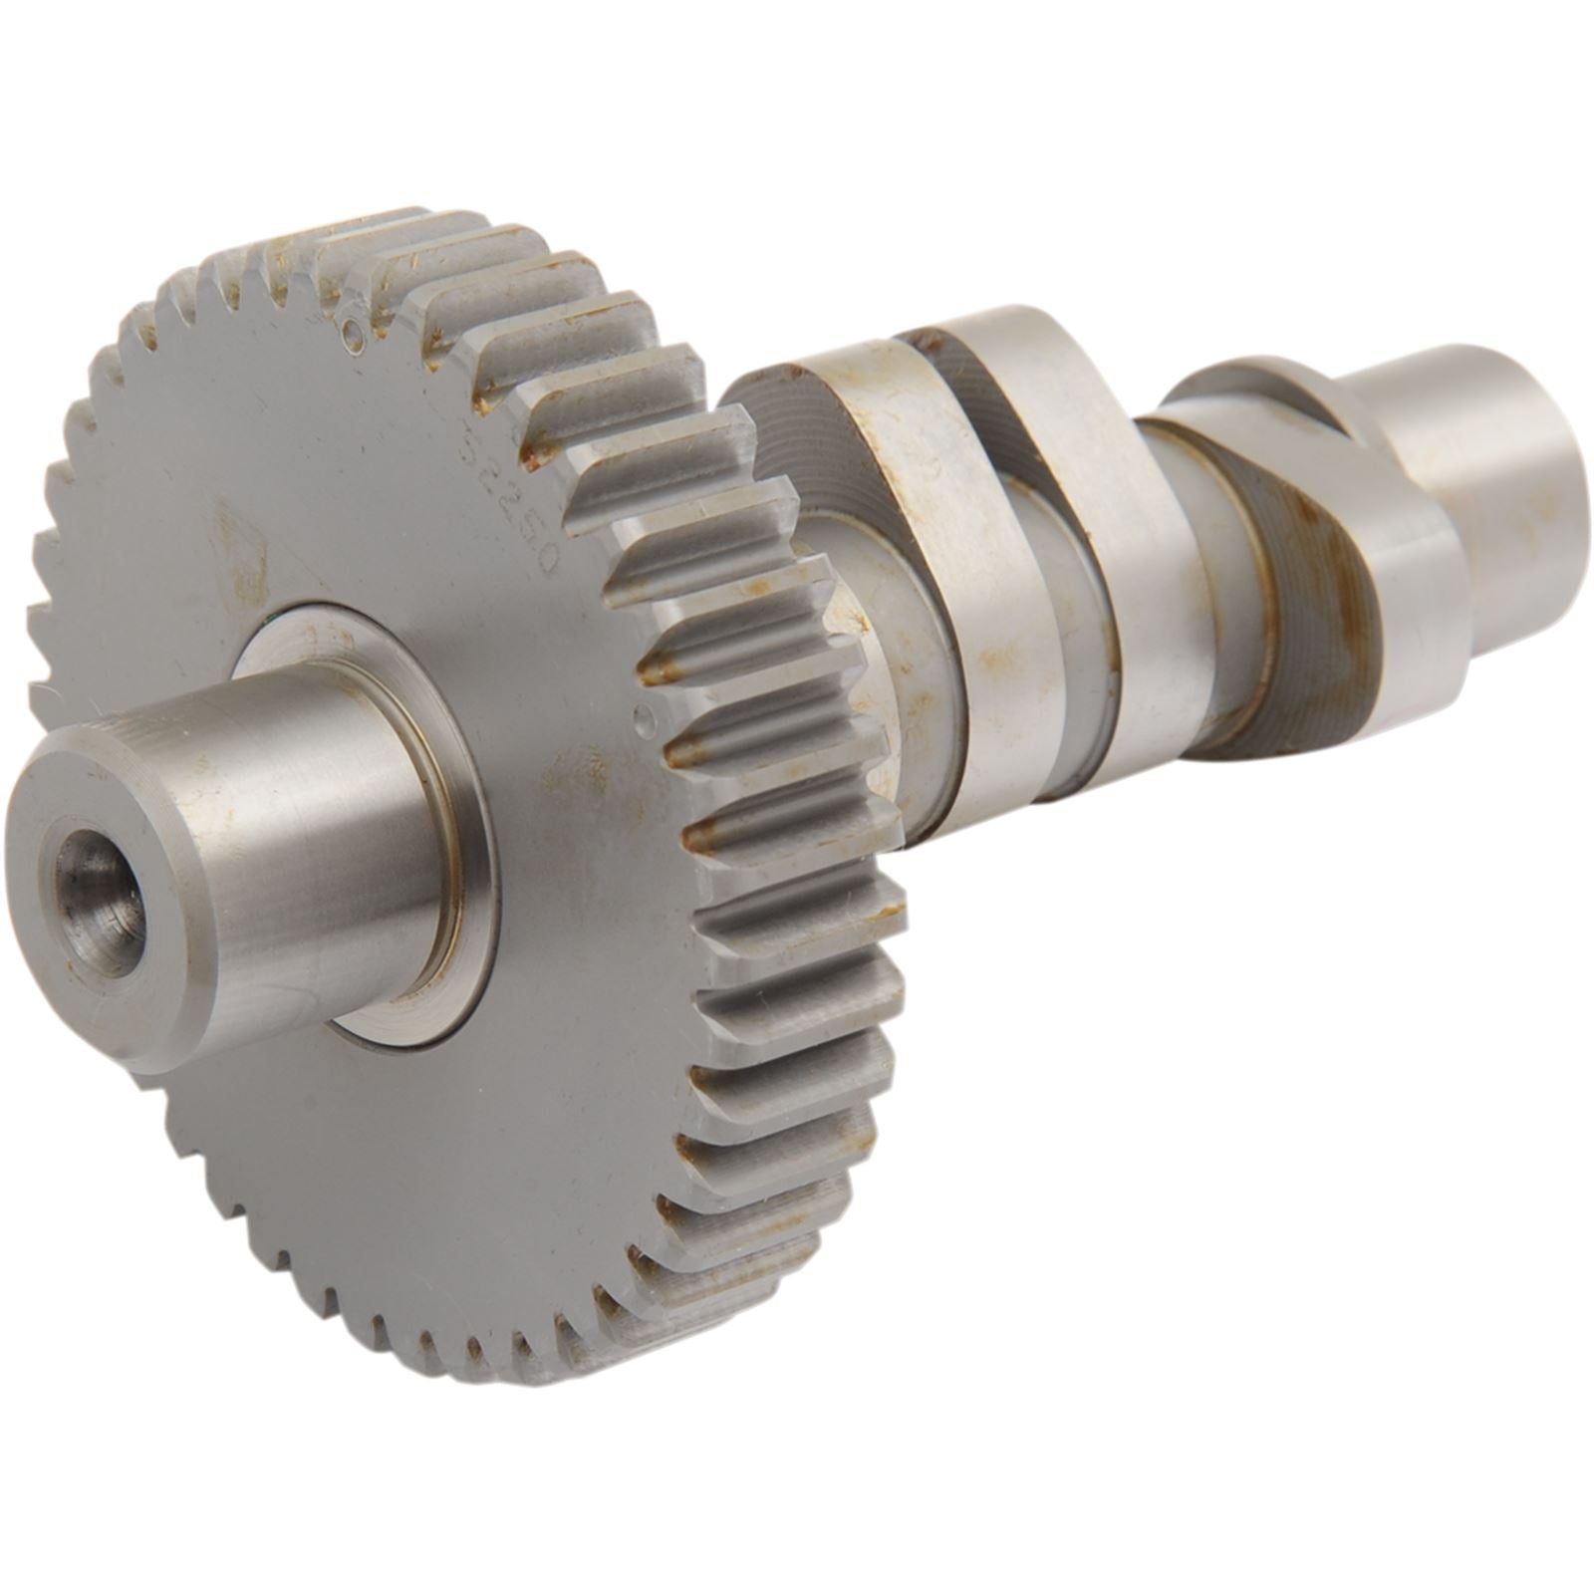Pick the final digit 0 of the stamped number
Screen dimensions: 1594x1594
[544, 558]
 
